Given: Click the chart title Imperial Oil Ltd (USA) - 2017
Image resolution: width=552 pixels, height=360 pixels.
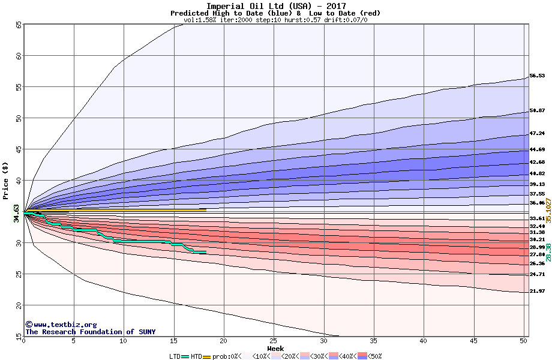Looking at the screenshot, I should pos(275,6).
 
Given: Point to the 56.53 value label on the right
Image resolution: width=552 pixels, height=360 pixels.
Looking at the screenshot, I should pos(537,76).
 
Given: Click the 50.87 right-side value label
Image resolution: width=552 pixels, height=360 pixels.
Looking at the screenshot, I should pos(537,111).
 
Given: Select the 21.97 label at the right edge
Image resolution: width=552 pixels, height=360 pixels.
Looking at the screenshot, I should pos(537,291).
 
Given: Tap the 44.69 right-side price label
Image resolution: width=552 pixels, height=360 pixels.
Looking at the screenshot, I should pos(537,149).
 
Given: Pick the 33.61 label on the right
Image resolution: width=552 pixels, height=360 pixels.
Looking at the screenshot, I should pos(537,218).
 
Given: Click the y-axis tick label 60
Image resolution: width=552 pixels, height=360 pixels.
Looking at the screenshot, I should pos(18,56).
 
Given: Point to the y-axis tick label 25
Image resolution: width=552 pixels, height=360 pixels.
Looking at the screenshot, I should pos(18,274).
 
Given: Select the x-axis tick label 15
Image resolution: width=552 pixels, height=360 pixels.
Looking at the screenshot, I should pos(174,341).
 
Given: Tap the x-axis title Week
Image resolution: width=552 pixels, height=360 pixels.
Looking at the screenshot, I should pos(275,349).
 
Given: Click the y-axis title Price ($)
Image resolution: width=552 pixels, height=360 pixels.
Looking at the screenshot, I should pos(6,181).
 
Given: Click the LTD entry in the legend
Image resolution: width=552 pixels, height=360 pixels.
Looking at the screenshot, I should pos(175,356).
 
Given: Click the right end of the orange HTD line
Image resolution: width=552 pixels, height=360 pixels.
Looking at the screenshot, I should pos(206,210).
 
